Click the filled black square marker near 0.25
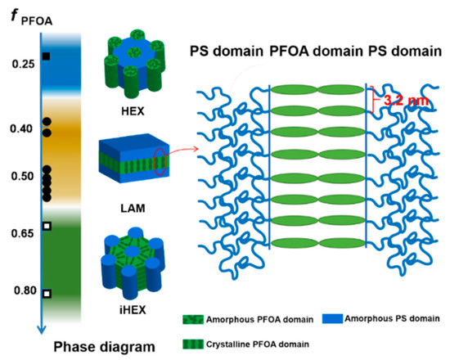click(47, 56)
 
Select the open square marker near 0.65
click(47, 226)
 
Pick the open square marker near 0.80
click(47, 293)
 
